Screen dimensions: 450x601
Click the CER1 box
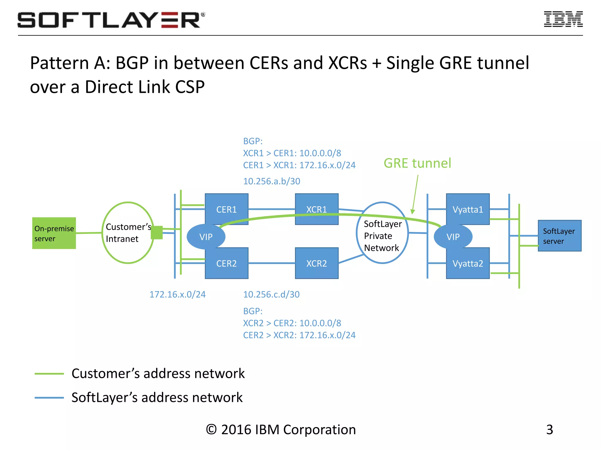click(x=226, y=209)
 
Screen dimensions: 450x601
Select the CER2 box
click(x=226, y=263)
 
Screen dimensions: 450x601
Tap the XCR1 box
click(x=316, y=209)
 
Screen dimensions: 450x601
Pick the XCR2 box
click(x=316, y=263)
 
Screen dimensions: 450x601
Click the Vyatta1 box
click(x=467, y=209)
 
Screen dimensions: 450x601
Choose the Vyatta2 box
click(x=467, y=263)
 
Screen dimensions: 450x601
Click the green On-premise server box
click(x=54, y=233)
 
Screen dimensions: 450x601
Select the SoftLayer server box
click(x=559, y=236)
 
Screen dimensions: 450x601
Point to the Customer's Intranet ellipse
click(x=128, y=233)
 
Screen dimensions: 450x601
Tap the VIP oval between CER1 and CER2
click(x=206, y=237)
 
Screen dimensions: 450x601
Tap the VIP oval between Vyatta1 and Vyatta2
click(x=453, y=237)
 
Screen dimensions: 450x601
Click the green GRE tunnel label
click(x=417, y=163)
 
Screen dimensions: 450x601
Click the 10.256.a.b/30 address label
click(x=271, y=181)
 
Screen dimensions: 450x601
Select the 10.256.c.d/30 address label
click(x=271, y=294)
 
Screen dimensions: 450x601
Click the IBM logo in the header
click(x=563, y=19)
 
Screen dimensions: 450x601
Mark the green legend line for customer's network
click(x=49, y=374)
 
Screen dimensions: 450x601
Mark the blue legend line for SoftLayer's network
click(x=49, y=398)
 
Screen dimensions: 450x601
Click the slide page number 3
click(x=549, y=429)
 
